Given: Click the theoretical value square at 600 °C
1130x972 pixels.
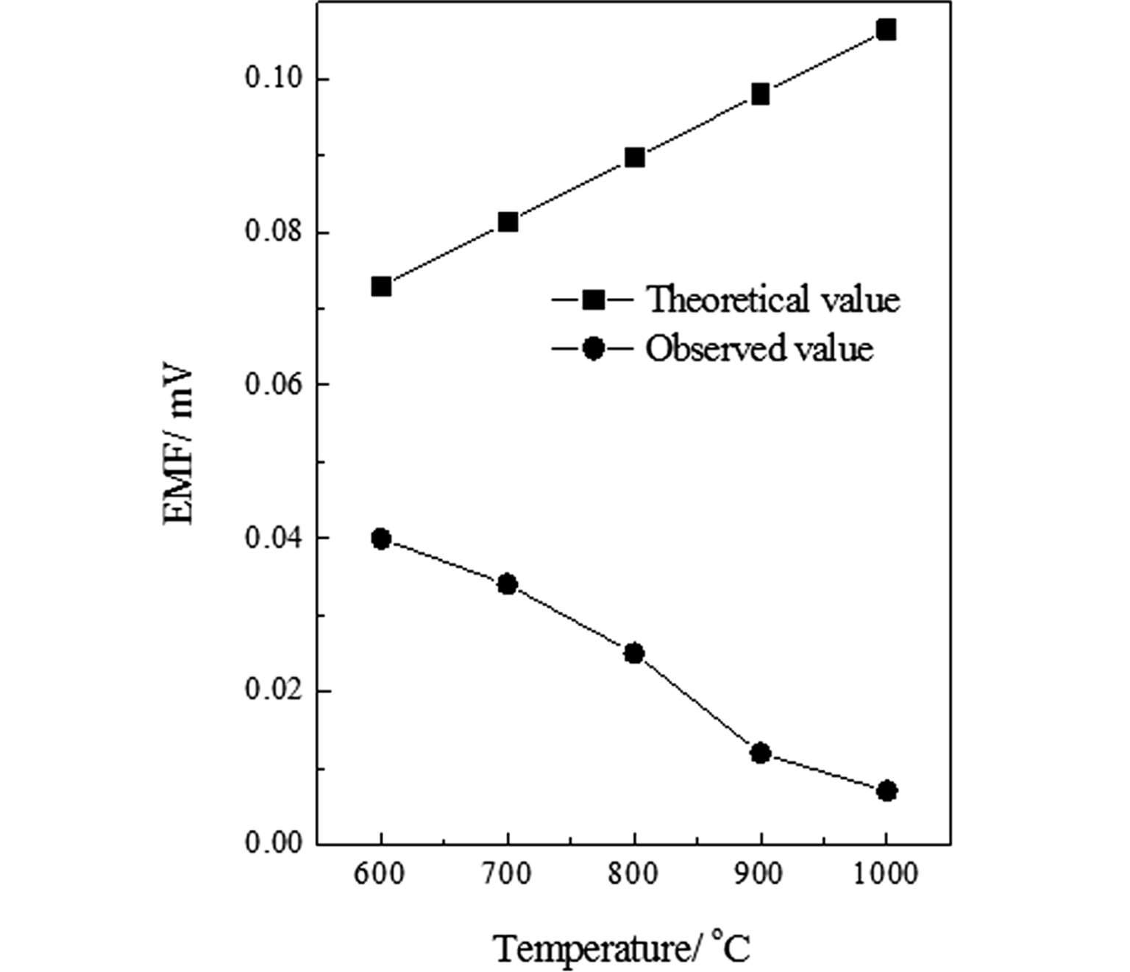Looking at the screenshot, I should click(x=381, y=286).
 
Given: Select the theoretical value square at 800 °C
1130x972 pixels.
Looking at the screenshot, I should click(x=634, y=157).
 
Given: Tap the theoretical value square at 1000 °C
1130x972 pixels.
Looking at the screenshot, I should click(x=886, y=30).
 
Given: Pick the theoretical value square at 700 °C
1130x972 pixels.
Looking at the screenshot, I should click(x=508, y=222).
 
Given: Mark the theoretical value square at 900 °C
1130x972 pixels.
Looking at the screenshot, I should click(x=761, y=94).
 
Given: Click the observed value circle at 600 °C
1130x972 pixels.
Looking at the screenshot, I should click(x=381, y=539).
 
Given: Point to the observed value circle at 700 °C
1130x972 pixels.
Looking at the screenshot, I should click(x=508, y=585).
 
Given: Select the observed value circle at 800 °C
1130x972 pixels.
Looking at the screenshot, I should click(x=634, y=653).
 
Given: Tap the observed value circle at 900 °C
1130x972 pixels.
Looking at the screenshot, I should click(x=761, y=753).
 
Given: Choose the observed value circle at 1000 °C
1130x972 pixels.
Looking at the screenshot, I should click(x=887, y=791).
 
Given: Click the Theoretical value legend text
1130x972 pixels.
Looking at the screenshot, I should click(x=772, y=300).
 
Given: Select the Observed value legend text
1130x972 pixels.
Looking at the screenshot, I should click(x=759, y=349).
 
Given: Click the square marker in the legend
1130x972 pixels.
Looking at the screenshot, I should click(x=593, y=300).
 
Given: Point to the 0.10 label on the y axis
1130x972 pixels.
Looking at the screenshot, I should click(x=274, y=78).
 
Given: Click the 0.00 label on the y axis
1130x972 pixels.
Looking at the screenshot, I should click(x=274, y=843).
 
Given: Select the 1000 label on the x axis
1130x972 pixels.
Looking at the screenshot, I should click(x=886, y=874).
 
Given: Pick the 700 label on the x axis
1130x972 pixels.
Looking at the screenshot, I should click(x=508, y=874).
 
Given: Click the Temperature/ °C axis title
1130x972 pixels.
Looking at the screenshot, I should click(x=622, y=948).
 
